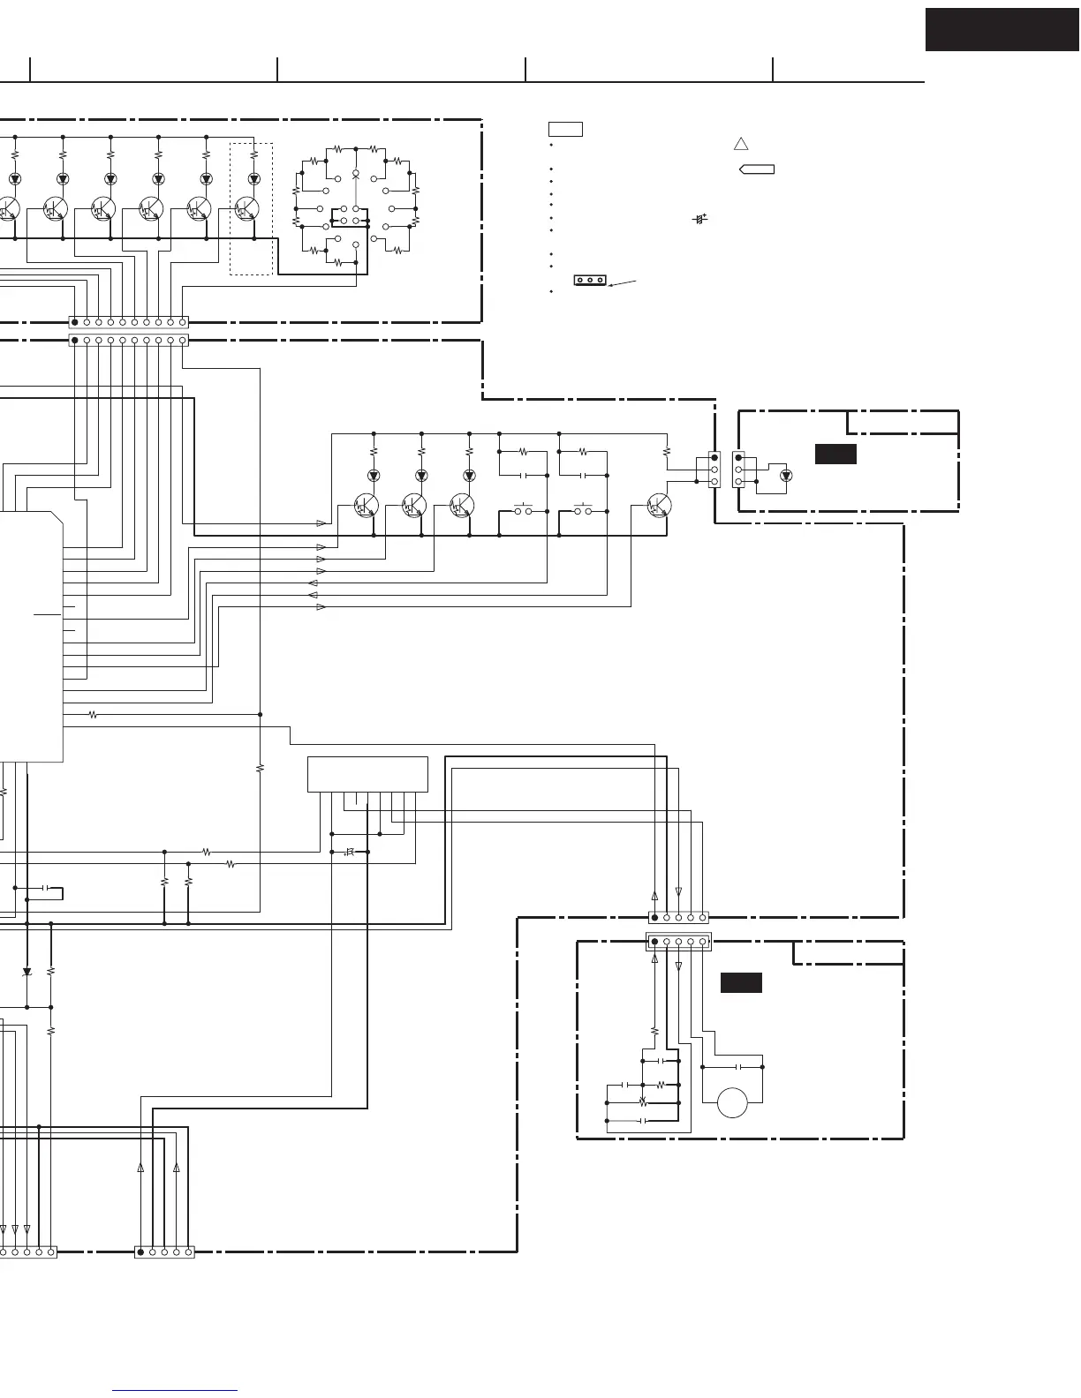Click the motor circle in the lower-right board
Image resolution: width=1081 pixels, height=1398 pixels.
tap(733, 1103)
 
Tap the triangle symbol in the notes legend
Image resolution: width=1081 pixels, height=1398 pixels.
tap(741, 145)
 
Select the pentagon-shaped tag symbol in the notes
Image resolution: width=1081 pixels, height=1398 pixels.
tap(757, 169)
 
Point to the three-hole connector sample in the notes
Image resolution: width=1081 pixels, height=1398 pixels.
tap(590, 281)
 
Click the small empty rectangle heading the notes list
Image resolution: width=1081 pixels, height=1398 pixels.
tap(564, 130)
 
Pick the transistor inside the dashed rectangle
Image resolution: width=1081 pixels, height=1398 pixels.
tap(246, 209)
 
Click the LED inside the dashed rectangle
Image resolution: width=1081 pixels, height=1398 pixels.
tap(254, 178)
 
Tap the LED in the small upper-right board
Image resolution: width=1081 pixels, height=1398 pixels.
tap(786, 475)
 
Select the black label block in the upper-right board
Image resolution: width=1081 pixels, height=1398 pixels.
tap(835, 454)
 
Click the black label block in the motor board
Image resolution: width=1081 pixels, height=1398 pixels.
tap(741, 982)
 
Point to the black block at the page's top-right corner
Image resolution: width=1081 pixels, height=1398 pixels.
tap(1002, 30)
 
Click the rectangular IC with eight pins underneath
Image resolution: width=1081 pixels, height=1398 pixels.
tap(367, 774)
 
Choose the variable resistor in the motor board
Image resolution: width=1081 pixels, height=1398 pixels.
tap(643, 1102)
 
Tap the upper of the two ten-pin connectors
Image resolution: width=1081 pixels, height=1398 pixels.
tap(129, 322)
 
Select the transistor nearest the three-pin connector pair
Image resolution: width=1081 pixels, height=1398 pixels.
tap(658, 505)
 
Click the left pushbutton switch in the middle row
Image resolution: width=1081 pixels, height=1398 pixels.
tap(523, 510)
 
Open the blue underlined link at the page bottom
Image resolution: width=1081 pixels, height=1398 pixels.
tap(176, 1391)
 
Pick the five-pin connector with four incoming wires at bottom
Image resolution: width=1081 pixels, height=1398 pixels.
tap(164, 1251)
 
